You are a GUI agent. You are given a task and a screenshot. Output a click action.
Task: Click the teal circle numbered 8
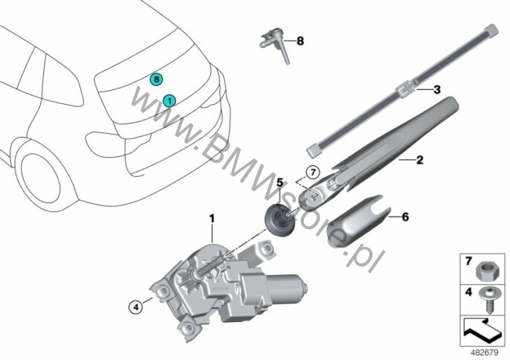(156, 79)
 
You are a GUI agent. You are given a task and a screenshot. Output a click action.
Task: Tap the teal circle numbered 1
(170, 101)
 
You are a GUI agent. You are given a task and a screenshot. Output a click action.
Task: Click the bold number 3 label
(437, 89)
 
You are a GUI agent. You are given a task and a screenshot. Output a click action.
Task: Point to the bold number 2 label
(420, 160)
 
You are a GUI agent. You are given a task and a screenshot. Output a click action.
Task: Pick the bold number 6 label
(405, 216)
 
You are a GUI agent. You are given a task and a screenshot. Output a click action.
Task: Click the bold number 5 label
(280, 183)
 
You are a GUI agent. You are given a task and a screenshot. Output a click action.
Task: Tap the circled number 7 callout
(313, 172)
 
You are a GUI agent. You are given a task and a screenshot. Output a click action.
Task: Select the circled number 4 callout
(136, 306)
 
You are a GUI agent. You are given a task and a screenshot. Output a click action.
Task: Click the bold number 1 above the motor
(212, 219)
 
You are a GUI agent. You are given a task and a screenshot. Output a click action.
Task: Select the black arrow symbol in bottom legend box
(482, 331)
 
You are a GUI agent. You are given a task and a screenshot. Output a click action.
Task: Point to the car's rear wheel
(42, 179)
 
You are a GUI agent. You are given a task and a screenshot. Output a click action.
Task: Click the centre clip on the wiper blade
(405, 89)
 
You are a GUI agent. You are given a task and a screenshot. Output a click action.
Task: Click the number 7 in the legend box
(468, 261)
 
